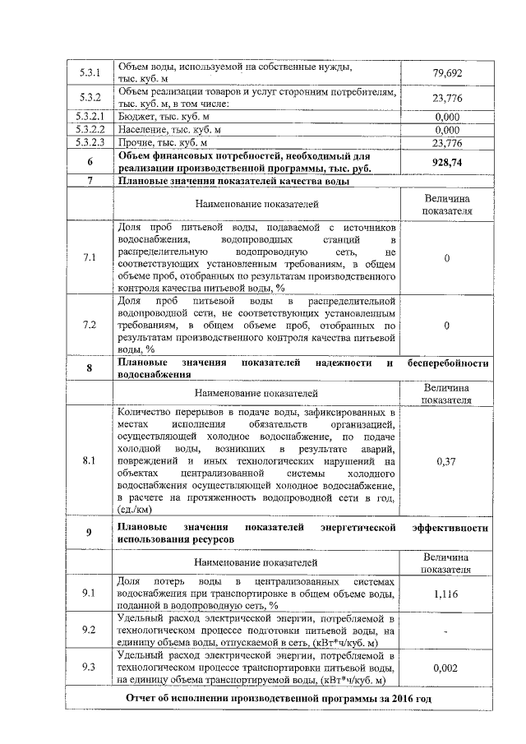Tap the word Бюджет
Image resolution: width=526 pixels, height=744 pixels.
click(136, 117)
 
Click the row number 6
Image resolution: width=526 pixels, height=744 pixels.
click(89, 162)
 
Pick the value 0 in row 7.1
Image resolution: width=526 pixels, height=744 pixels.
click(446, 258)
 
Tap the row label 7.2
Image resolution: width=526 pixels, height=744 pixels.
click(89, 326)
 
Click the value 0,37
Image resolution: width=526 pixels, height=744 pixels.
click(446, 461)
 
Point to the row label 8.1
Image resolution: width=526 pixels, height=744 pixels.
click(89, 461)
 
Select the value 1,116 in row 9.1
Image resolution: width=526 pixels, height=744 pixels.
click(446, 593)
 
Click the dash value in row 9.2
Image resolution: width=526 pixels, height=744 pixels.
click(446, 631)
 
